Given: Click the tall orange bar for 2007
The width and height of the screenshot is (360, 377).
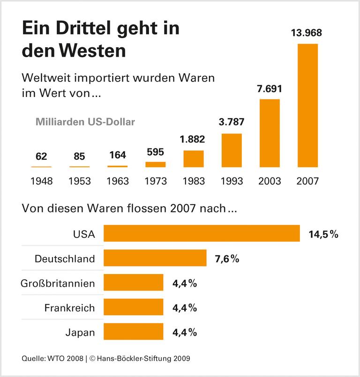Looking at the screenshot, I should pyautogui.click(x=307, y=105).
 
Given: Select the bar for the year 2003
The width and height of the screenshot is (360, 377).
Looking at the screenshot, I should pyautogui.click(x=270, y=133).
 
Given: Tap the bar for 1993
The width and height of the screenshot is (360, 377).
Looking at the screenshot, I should pyautogui.click(x=232, y=150).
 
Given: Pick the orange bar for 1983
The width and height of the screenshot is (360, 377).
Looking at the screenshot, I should pyautogui.click(x=194, y=159).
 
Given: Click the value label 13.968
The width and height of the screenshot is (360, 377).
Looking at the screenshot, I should pyautogui.click(x=307, y=33).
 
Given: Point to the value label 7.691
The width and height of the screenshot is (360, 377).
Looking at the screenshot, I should pyautogui.click(x=270, y=89).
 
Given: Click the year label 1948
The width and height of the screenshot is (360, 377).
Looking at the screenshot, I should pyautogui.click(x=41, y=181).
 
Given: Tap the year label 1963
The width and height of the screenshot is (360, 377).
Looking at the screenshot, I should pyautogui.click(x=118, y=181).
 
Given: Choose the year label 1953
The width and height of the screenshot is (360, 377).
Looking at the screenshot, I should pyautogui.click(x=79, y=181).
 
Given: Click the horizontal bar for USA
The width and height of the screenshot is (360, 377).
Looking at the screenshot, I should pyautogui.click(x=202, y=233).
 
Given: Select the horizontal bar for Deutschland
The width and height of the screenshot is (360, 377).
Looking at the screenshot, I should pyautogui.click(x=155, y=258).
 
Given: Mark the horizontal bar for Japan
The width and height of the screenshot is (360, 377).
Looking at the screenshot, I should pyautogui.click(x=133, y=332).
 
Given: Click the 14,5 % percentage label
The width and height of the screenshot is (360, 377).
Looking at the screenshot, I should pyautogui.click(x=323, y=234).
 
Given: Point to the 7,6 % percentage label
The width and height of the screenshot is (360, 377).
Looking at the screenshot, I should pyautogui.click(x=227, y=259).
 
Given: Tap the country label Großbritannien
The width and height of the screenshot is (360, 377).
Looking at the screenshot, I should pyautogui.click(x=58, y=283).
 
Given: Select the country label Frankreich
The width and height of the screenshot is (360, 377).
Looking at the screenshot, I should pyautogui.click(x=69, y=308).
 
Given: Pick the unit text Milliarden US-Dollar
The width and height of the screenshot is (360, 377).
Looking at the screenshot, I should pyautogui.click(x=85, y=122).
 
